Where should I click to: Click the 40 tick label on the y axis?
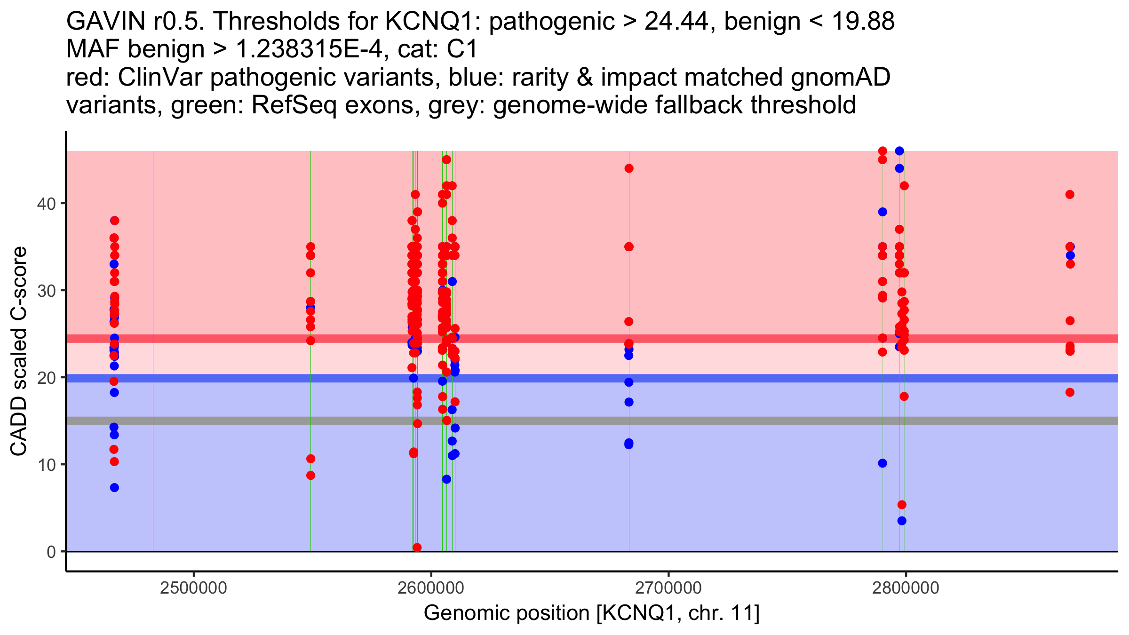click(46, 204)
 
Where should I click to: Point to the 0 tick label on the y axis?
click(51, 552)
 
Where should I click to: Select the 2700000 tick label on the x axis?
click(668, 588)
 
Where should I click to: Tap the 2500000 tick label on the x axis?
click(193, 588)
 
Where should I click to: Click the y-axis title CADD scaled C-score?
click(19, 351)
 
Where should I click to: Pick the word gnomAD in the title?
click(841, 77)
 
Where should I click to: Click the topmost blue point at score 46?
click(899, 151)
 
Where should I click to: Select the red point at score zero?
click(417, 548)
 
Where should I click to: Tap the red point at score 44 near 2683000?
click(629, 168)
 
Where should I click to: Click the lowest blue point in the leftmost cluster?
click(114, 488)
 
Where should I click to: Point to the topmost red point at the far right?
click(1070, 195)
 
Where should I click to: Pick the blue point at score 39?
click(883, 212)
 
